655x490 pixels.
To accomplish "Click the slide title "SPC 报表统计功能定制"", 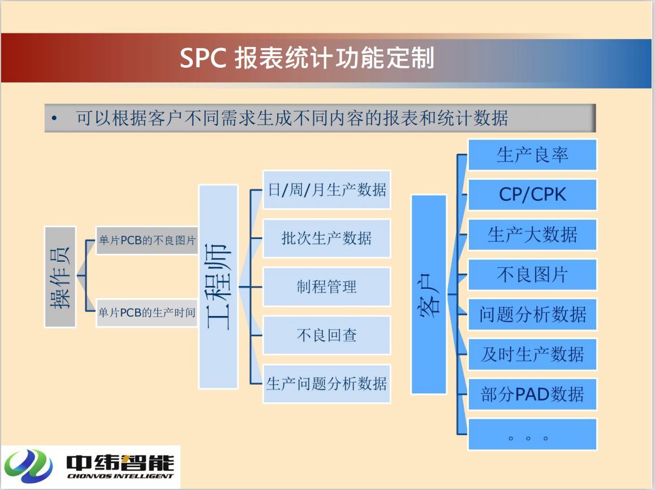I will [x=307, y=58].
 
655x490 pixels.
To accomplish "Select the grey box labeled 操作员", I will [x=60, y=277].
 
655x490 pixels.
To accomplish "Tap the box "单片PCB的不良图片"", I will [x=147, y=240].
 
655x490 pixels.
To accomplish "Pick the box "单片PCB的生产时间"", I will [x=147, y=312].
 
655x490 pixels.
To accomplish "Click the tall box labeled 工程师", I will [x=218, y=287].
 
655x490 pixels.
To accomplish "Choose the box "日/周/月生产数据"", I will [x=327, y=190].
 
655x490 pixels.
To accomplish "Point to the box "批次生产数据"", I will [x=327, y=239].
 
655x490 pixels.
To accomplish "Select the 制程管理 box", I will [x=327, y=287].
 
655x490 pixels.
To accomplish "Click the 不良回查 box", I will [x=327, y=335].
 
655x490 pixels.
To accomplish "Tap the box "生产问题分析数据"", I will [x=327, y=384].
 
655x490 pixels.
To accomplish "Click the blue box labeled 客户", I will [x=429, y=294].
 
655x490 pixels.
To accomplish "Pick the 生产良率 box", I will [x=532, y=155].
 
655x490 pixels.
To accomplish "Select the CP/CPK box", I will [x=532, y=195].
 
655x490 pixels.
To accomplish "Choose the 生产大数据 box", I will [x=532, y=235].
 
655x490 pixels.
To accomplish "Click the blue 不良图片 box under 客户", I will [x=532, y=275].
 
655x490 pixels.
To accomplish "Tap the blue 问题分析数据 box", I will [x=532, y=314].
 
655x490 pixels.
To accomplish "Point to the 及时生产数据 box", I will [x=532, y=354].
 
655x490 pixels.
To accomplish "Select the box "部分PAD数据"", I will [x=532, y=394].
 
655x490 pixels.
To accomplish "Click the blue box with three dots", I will [x=532, y=434].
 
